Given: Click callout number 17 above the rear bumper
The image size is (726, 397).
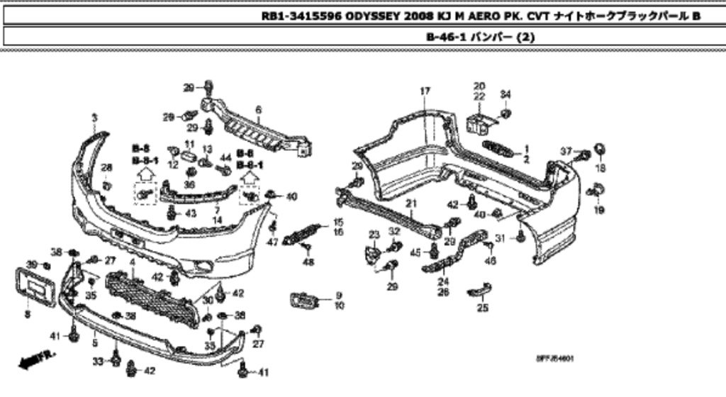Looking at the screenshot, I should (425, 91).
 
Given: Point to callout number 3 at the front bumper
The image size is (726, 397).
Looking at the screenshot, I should (94, 118).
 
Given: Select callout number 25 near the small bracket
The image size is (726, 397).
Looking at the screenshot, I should (482, 308).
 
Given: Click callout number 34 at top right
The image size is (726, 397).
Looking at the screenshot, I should (505, 95).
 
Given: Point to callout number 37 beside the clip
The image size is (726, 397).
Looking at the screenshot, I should (565, 152).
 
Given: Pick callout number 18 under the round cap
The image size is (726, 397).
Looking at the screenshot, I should (601, 168).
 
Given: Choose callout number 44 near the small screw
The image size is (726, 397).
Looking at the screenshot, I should (226, 157).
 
